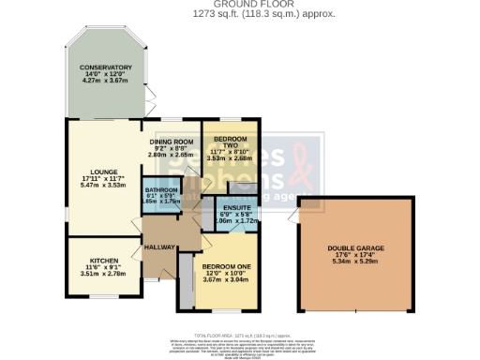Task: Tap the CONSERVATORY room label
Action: (x=105, y=68)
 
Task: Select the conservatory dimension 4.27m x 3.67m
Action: (x=105, y=82)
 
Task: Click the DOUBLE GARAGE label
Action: (x=355, y=248)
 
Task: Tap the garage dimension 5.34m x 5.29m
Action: (x=355, y=263)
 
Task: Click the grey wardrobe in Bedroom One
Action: (x=187, y=292)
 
